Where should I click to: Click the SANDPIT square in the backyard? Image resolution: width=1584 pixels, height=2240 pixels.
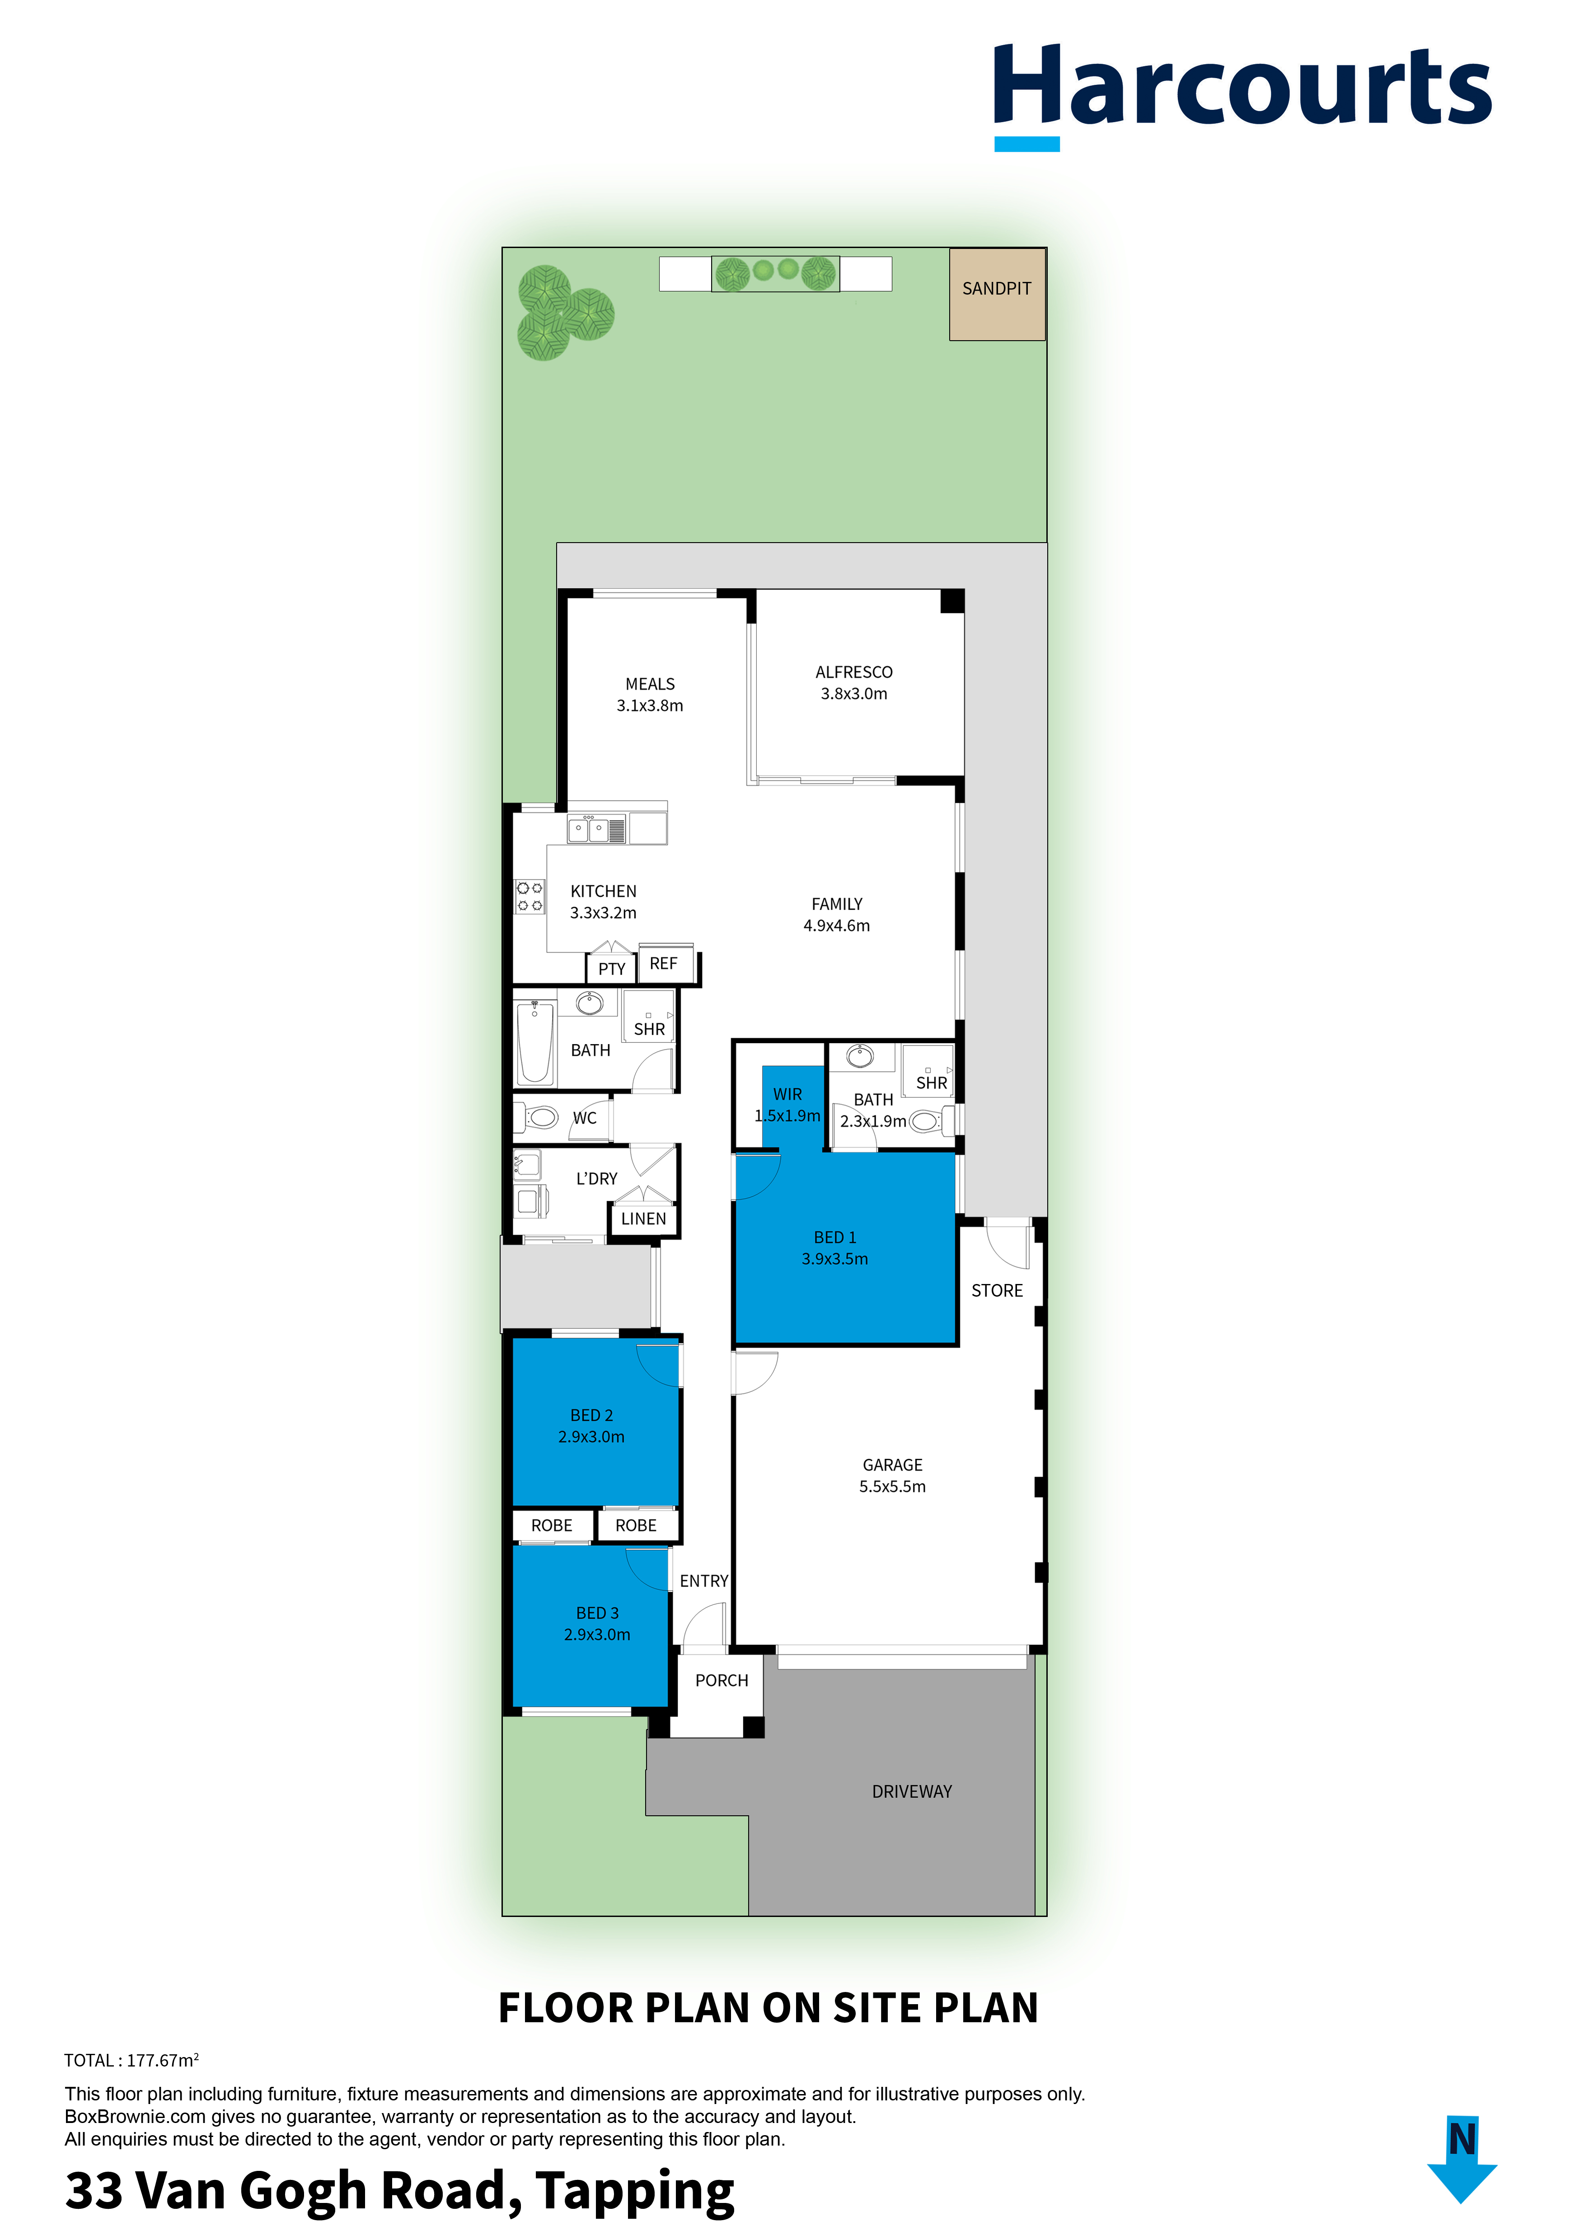point(997,294)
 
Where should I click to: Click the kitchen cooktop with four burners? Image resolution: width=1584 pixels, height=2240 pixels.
point(530,896)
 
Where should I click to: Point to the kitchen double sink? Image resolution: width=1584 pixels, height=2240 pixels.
point(596,829)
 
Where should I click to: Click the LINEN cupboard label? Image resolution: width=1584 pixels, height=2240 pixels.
point(644,1218)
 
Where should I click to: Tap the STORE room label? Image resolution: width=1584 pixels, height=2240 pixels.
point(997,1291)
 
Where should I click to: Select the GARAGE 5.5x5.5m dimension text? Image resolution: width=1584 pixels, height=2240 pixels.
point(892,1486)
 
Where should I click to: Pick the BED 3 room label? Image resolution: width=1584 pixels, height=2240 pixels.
point(597,1613)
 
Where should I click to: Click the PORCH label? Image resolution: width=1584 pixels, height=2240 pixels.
point(722,1680)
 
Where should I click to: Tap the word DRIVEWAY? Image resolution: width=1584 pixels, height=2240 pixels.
point(912,1791)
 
